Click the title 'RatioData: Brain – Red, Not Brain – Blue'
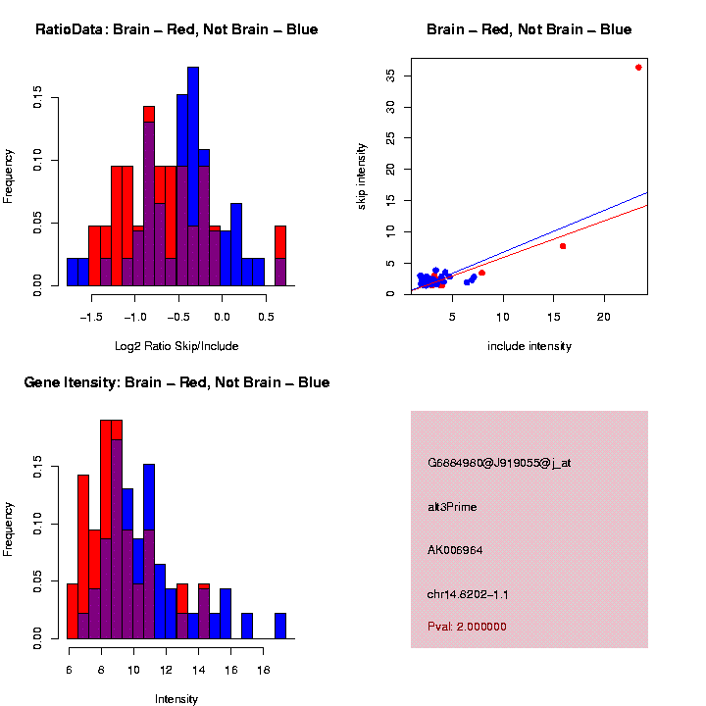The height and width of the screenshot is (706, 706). [x=176, y=30]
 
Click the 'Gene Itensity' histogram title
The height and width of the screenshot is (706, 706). [x=176, y=382]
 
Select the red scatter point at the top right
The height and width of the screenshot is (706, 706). [x=638, y=68]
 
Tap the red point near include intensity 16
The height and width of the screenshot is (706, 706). [x=563, y=246]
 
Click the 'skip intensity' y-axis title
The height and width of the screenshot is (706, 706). [x=362, y=175]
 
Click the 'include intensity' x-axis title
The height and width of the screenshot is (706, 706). [x=529, y=346]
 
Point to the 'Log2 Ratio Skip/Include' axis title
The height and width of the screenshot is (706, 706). [x=176, y=346]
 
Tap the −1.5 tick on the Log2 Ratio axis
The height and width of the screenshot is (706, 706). [x=92, y=317]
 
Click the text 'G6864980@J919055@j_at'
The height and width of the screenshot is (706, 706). [x=499, y=463]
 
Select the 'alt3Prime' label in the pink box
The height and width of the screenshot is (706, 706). [x=452, y=507]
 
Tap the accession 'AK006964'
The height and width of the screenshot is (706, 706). [x=455, y=550]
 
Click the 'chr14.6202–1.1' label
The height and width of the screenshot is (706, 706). [x=468, y=594]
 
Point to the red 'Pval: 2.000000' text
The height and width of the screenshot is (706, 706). [x=467, y=627]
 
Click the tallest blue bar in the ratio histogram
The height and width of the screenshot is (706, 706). [x=193, y=176]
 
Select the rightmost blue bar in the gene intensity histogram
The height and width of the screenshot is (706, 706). [x=280, y=627]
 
